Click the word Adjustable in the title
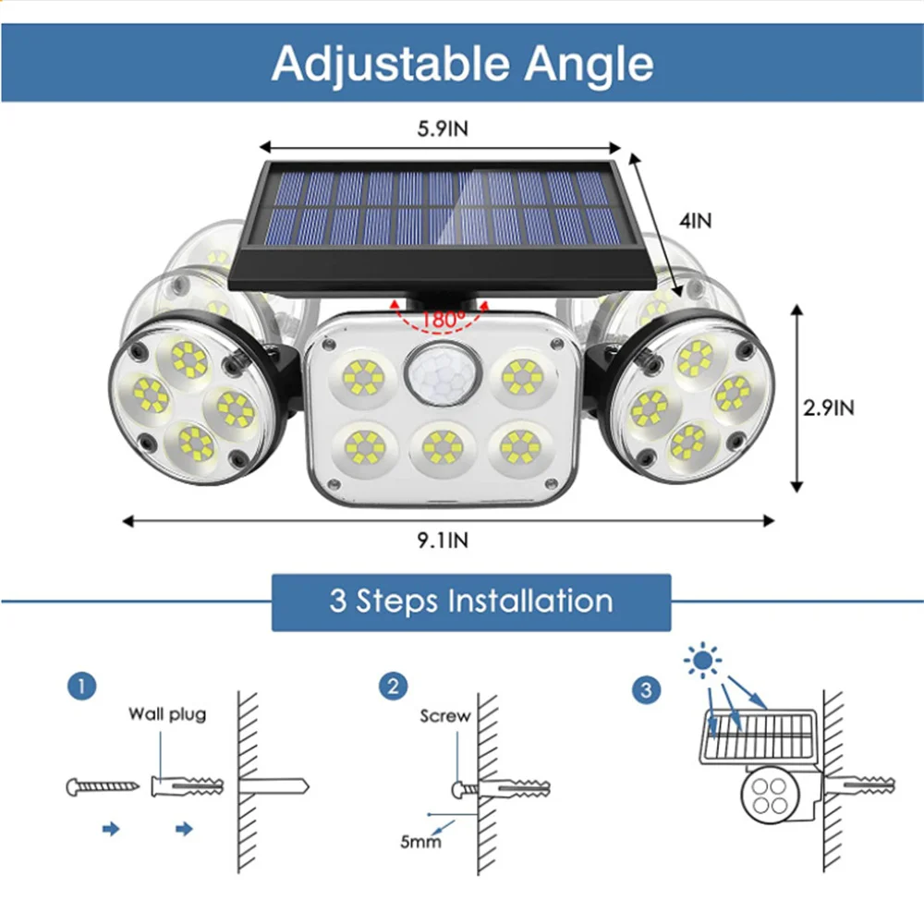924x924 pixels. pos(391,64)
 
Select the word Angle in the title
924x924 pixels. pos(590,64)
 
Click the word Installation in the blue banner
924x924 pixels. pos(530,602)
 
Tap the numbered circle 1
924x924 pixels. pos(81,687)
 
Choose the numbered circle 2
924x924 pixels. pos(393,687)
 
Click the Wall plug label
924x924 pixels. pos(167,713)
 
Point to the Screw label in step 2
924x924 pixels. pos(444,716)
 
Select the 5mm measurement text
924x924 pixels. pos(419,841)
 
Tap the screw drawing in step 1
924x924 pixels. pos(103,787)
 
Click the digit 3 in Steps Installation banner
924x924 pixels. pos(338,602)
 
